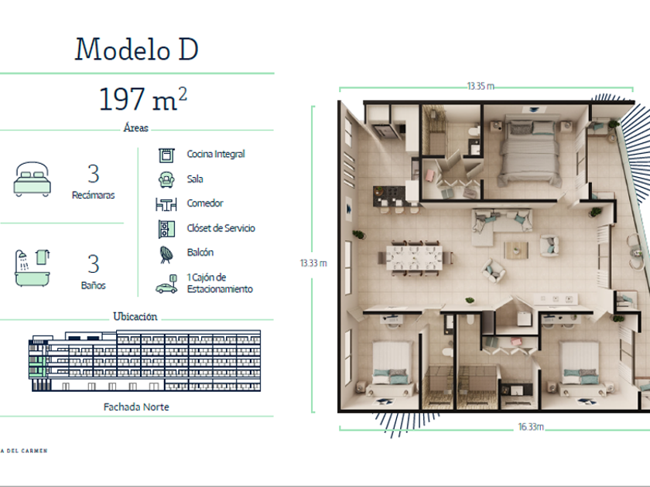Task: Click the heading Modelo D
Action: [x=136, y=49]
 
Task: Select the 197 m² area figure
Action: [x=143, y=99]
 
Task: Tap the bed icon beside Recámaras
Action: [x=32, y=179]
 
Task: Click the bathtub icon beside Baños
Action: [x=32, y=268]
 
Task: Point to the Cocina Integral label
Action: [x=216, y=154]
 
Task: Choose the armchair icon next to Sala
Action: [x=166, y=179]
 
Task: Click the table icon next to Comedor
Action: [x=166, y=204]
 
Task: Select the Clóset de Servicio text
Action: [x=221, y=228]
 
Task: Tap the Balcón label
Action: [x=200, y=252]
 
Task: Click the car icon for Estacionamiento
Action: [x=166, y=284]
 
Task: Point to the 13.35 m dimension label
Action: [x=481, y=86]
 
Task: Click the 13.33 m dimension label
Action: [x=313, y=263]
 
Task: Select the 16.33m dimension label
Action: [x=531, y=427]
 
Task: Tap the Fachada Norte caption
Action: [x=136, y=407]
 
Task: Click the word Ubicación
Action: [x=135, y=317]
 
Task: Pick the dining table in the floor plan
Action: [x=414, y=257]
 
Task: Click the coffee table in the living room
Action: [x=516, y=250]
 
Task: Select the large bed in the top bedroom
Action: [x=529, y=153]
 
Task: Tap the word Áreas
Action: [x=135, y=128]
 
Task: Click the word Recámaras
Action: [x=94, y=195]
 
